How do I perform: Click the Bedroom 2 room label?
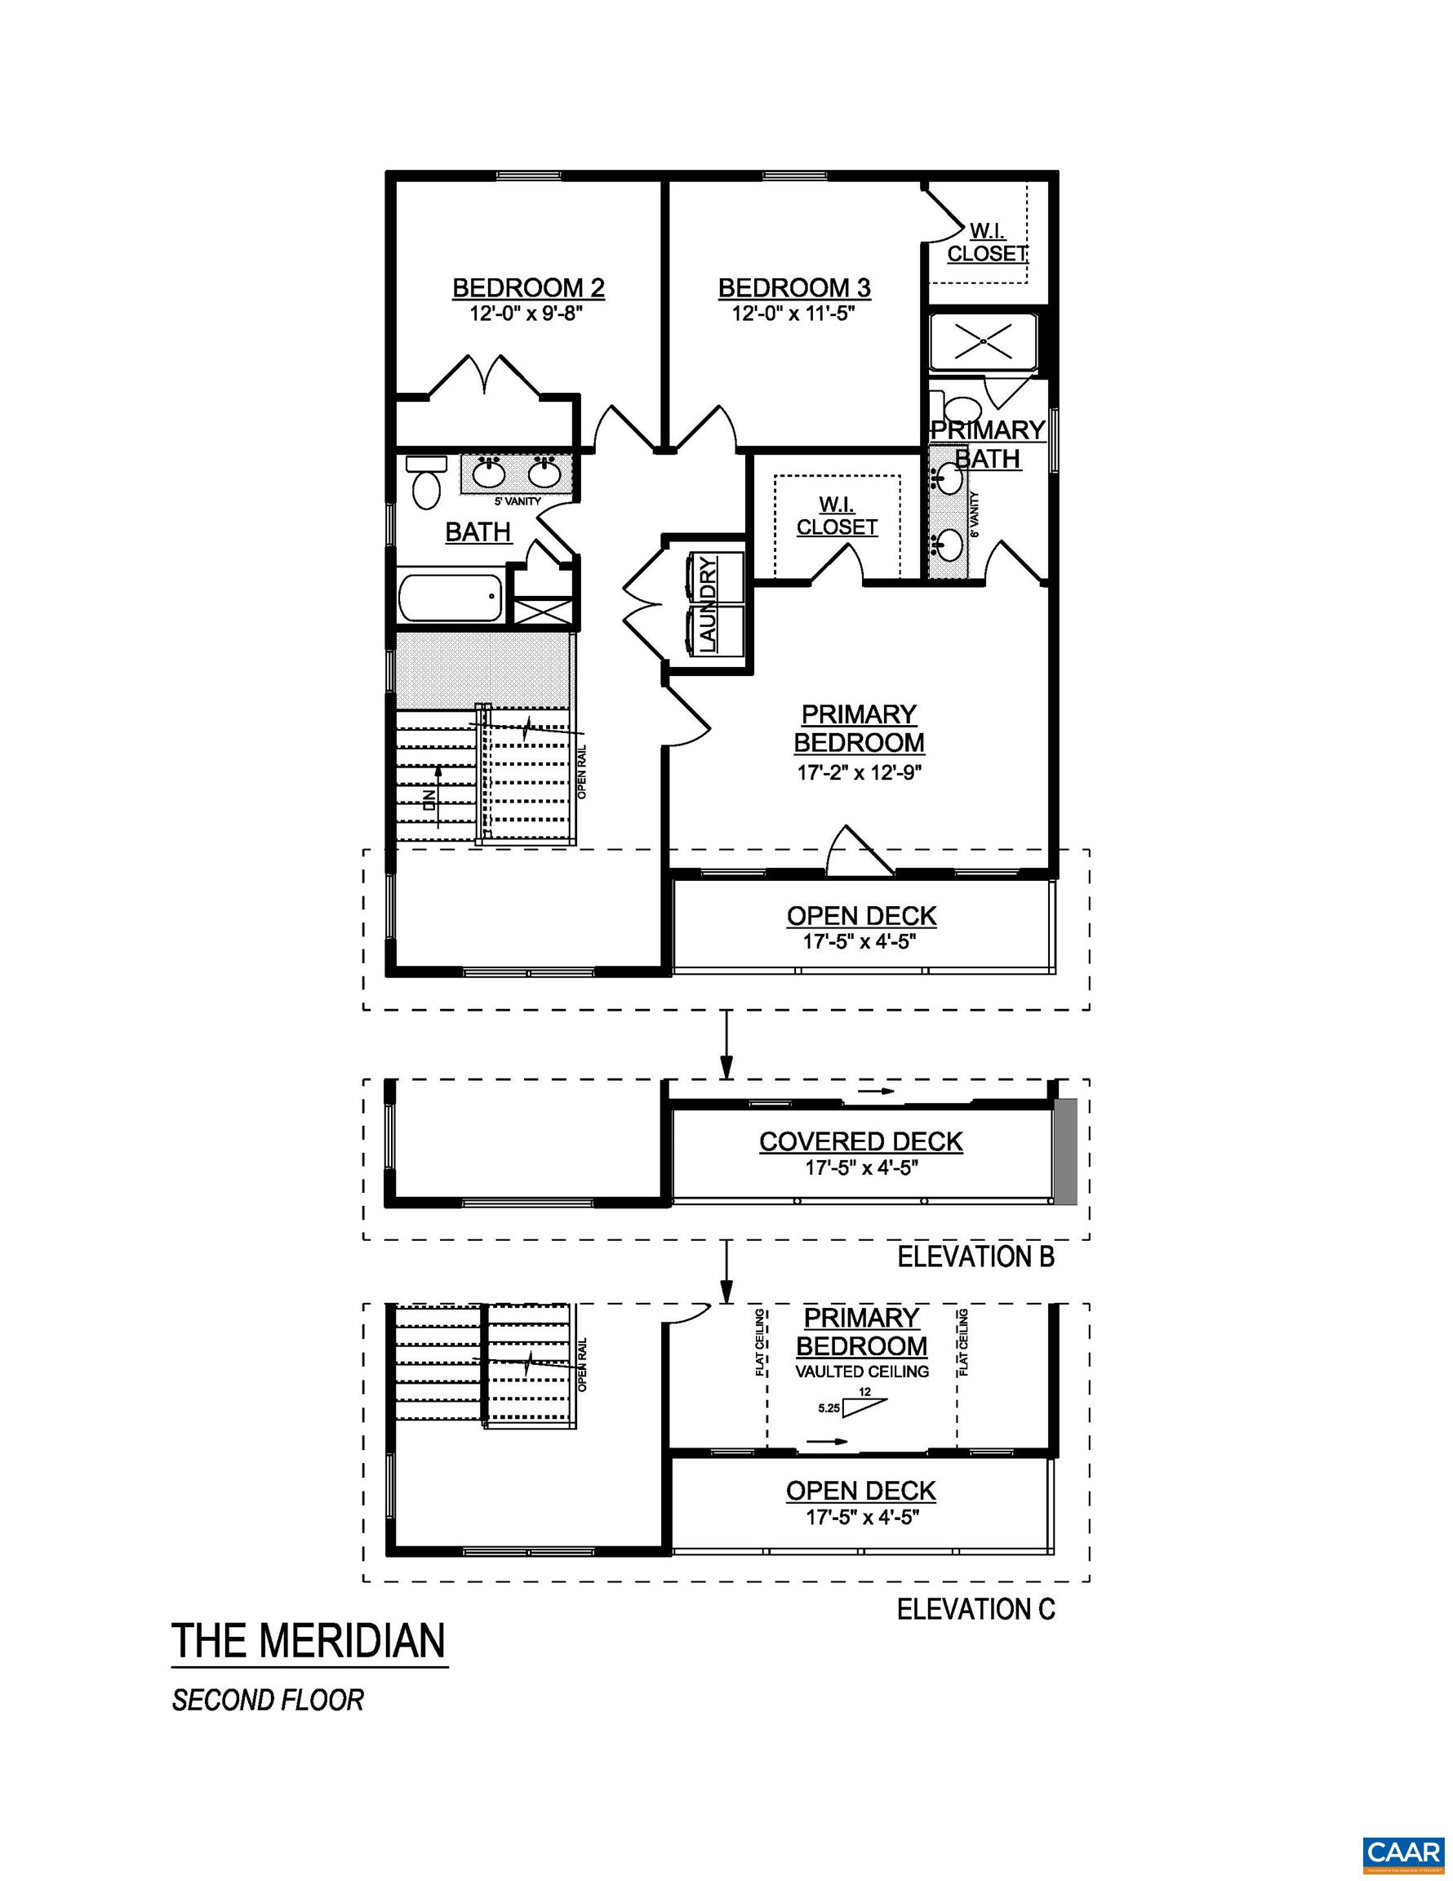528,287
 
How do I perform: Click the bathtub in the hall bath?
451,598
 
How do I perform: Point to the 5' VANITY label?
517,501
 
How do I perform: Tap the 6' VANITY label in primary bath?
975,514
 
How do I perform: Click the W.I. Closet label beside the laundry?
837,516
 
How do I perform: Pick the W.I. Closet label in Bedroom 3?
987,242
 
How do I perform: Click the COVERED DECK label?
860,1142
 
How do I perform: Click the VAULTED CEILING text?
861,1372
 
